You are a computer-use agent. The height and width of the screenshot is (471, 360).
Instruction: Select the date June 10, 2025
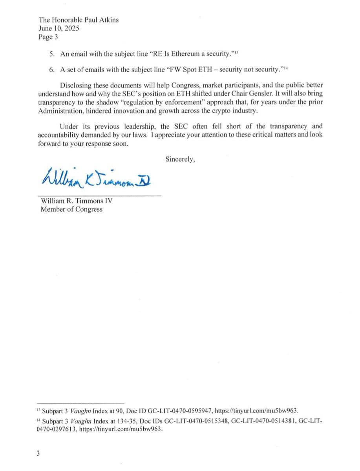[59, 28]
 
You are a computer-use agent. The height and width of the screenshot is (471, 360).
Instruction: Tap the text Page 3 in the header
[48, 37]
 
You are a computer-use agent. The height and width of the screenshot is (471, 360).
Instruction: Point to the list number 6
[52, 70]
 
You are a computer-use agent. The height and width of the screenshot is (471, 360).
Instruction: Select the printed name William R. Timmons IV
[77, 201]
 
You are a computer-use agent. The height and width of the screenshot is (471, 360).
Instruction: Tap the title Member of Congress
[71, 209]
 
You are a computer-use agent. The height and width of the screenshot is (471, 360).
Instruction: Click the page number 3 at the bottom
[38, 454]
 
